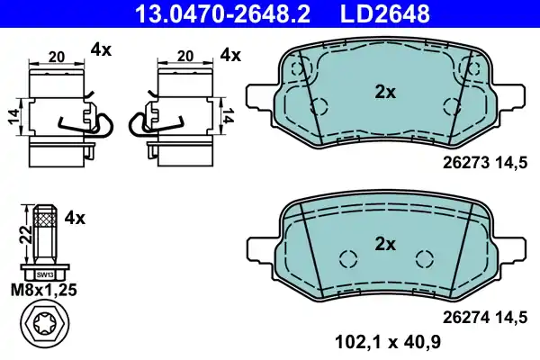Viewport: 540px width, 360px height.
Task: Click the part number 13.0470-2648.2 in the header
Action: coord(223,13)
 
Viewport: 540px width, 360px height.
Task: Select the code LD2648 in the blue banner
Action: coord(385,13)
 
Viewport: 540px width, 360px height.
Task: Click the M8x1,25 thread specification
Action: coord(44,290)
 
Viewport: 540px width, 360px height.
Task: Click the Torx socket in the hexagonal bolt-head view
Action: coord(45,324)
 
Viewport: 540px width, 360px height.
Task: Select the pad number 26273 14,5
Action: coord(485,163)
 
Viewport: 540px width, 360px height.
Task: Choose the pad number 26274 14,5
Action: coord(485,318)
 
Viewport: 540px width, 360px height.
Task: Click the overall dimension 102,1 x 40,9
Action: coord(388,342)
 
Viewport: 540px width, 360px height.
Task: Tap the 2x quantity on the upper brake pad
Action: coord(385,93)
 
